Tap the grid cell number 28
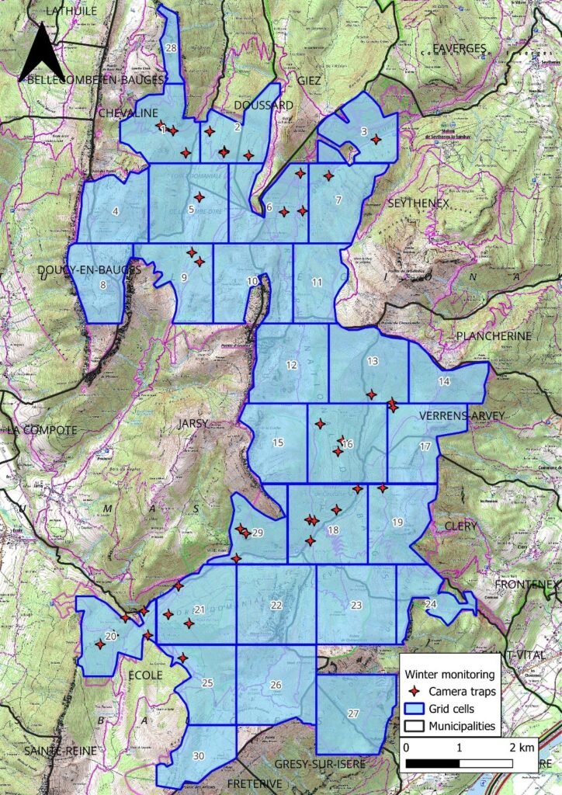pos(172,48)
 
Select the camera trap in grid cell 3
pos(376,139)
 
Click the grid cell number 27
pos(354,713)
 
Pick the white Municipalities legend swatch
pos(415,726)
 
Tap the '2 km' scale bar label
pos(522,748)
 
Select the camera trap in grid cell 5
pos(199,197)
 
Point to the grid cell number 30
pos(199,756)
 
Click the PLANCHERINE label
pos(494,336)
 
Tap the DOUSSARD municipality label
pos(263,105)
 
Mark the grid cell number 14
pos(444,381)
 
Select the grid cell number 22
pos(276,605)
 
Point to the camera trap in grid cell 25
pos(182,658)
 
